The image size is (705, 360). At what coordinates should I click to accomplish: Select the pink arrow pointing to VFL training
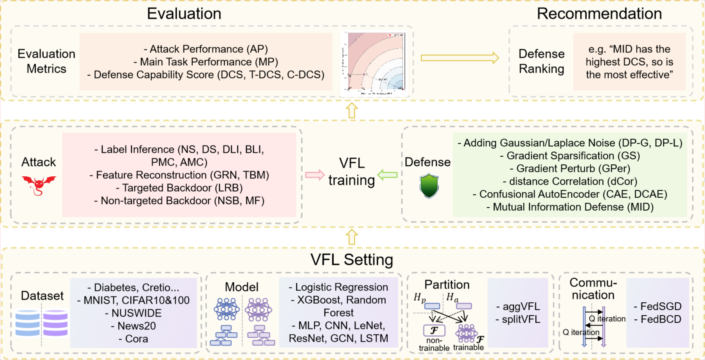point(315,175)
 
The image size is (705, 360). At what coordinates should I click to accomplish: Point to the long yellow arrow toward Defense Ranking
point(460,58)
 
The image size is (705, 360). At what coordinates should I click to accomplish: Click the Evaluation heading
point(184,13)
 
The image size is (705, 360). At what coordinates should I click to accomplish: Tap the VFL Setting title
point(351,259)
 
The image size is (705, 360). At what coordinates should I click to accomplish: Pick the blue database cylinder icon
point(27,323)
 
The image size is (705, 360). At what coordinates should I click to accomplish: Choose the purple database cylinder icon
point(55,323)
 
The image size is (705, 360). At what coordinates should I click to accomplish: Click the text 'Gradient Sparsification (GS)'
point(570,156)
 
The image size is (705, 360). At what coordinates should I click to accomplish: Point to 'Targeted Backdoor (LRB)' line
point(179,188)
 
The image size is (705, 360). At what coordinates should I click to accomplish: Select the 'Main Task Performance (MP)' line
point(206,62)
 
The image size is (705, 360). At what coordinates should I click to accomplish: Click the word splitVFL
point(521,319)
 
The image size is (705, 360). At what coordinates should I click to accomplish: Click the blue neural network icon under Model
point(226,309)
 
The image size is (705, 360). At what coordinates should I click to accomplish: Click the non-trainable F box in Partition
point(434,331)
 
